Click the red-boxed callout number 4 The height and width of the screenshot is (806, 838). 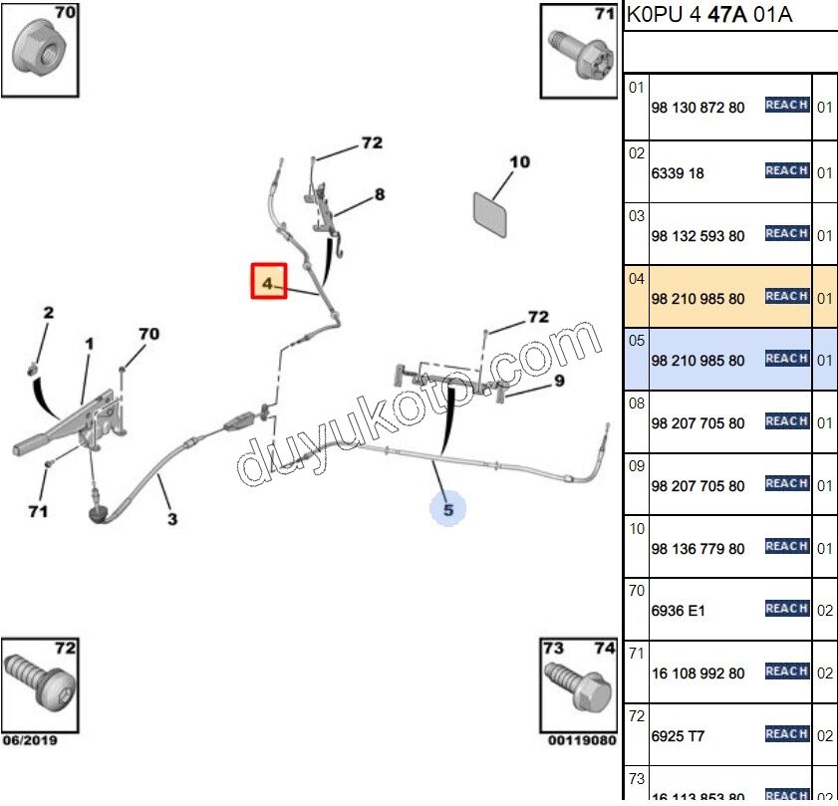pyautogui.click(x=267, y=282)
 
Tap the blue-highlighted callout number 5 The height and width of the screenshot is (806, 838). pyautogui.click(x=447, y=509)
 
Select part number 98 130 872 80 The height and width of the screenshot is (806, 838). pyautogui.click(x=697, y=108)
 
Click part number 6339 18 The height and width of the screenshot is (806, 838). pyautogui.click(x=678, y=173)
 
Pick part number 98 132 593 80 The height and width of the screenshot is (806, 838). pyautogui.click(x=697, y=236)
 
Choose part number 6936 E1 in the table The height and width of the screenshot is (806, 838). pyautogui.click(x=678, y=611)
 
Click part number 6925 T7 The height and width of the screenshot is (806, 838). pyautogui.click(x=678, y=736)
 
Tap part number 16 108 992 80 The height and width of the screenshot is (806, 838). pyautogui.click(x=697, y=673)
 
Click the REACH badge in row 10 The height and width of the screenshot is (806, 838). pyautogui.click(x=786, y=546)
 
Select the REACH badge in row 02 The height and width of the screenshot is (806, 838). pyautogui.click(x=786, y=170)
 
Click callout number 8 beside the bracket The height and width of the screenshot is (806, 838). pyautogui.click(x=379, y=195)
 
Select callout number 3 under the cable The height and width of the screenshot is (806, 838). pyautogui.click(x=171, y=519)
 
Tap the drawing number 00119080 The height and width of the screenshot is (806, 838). pyautogui.click(x=582, y=740)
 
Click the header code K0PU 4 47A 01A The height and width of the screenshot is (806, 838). pyautogui.click(x=709, y=16)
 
